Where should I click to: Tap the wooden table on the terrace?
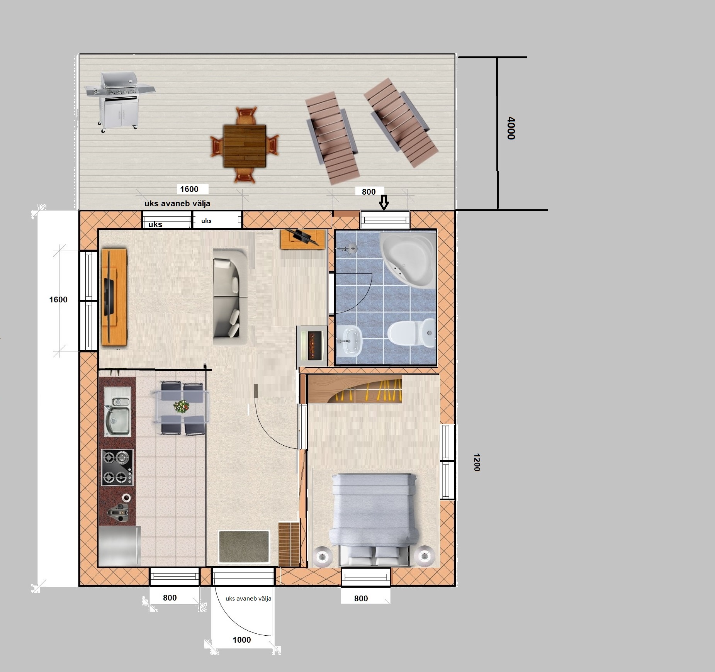pos(245,146)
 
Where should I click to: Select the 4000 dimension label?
pos(511,128)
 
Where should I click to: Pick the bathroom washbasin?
pos(349,341)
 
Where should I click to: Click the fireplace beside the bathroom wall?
pos(311,344)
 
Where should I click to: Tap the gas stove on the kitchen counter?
pos(117,467)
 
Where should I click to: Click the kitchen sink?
pos(117,412)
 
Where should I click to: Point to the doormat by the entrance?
pos(244,546)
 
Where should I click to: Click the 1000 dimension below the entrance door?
pos(242,640)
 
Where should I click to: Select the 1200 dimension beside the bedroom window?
pos(476,462)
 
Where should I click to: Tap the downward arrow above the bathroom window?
pos(384,202)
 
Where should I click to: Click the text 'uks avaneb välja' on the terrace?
pos(177,204)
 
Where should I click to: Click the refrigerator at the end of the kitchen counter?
pos(119,546)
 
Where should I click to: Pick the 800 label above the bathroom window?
pos(369,192)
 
